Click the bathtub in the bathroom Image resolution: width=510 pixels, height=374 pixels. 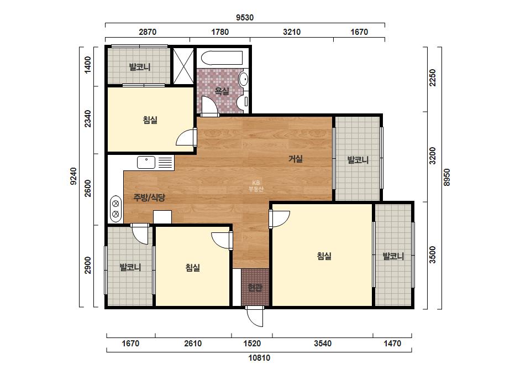click(222, 58)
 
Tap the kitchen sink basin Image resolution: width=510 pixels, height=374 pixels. click(146, 162)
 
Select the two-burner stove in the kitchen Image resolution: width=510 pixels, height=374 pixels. click(115, 209)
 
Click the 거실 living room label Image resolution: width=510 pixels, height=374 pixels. click(296, 159)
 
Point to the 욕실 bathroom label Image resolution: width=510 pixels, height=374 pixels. click(222, 91)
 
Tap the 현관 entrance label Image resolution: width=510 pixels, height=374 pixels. click(255, 288)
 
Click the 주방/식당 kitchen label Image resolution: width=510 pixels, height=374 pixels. click(149, 197)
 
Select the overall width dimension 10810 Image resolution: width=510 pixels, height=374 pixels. click(259, 358)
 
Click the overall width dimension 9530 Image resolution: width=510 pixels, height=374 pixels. click(245, 17)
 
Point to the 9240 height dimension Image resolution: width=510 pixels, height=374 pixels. click(73, 176)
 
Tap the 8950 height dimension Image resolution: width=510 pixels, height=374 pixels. click(447, 177)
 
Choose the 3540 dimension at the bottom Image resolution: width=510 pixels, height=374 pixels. click(323, 344)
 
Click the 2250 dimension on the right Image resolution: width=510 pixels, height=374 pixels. click(432, 77)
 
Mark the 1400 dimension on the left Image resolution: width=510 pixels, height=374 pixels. click(87, 65)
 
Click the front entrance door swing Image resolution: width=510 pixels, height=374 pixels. click(255, 316)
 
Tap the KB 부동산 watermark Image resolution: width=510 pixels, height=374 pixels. click(256, 186)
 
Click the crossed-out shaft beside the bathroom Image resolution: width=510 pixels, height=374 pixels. click(183, 66)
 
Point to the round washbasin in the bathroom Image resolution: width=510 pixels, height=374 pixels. click(244, 79)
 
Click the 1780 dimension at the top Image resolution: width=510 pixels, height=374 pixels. click(220, 32)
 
